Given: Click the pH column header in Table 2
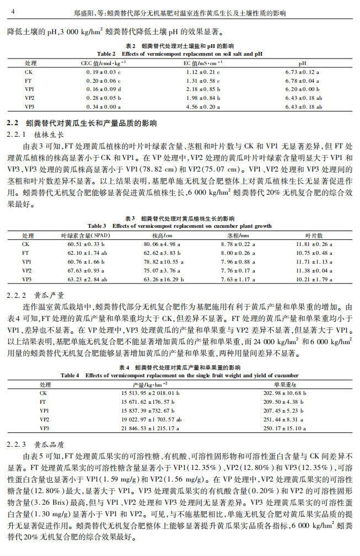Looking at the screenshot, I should pos(303,63).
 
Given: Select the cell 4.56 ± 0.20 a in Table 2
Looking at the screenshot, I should pos(202,106).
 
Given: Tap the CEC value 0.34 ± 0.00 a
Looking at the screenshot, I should pos(103,106).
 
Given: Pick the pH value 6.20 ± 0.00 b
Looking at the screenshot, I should pos(303,89).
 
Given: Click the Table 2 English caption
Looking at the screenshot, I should pos(180,54).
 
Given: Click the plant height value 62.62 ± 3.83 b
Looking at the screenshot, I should pos(159,253).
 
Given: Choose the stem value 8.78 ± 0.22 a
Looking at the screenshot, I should pos(235,244).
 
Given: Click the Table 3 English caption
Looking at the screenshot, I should pos(180,226).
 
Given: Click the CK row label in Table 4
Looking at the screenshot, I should pos(44,393).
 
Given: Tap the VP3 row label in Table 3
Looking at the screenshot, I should pos(28,279).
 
